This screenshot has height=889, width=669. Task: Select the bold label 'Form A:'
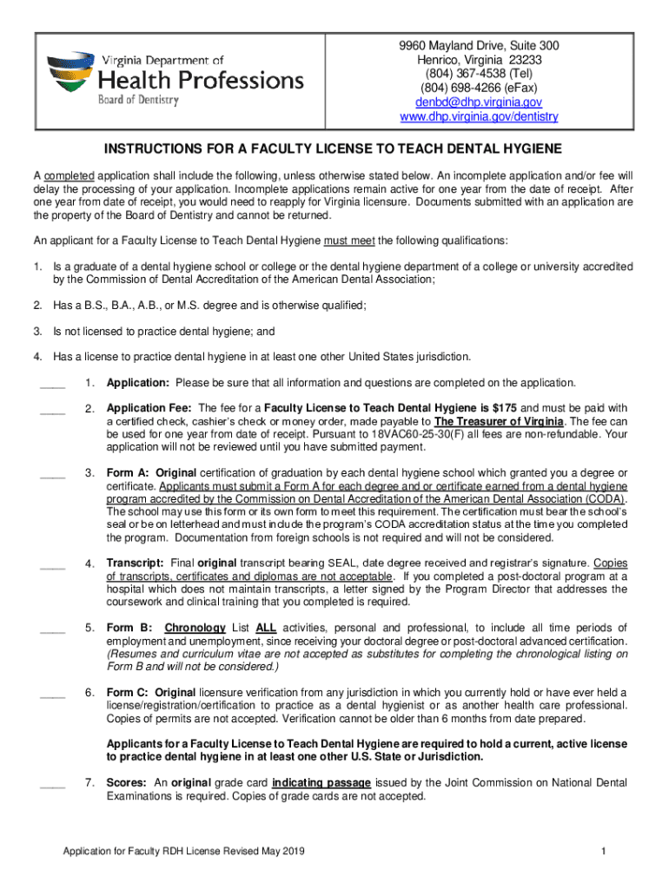click(127, 473)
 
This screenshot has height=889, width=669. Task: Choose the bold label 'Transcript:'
click(136, 563)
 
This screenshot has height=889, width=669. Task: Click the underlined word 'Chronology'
click(195, 628)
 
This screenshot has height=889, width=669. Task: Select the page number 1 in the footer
click(602, 851)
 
